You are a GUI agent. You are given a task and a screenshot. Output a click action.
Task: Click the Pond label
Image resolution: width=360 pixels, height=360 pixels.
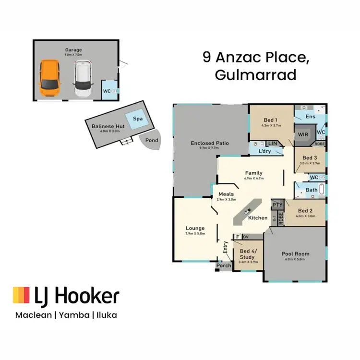(151, 141)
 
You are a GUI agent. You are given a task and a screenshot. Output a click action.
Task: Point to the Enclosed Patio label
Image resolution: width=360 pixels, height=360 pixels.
(209, 143)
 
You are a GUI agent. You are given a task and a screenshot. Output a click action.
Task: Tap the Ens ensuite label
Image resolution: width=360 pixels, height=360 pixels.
(311, 117)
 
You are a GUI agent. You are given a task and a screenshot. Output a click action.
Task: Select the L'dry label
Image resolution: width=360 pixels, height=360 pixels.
(265, 152)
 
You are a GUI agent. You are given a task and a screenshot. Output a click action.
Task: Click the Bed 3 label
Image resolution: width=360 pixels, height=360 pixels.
(310, 158)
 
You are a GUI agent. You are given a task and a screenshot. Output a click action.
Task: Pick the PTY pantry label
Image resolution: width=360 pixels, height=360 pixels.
(277, 205)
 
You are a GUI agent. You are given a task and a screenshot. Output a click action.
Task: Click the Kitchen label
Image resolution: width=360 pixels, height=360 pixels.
(258, 218)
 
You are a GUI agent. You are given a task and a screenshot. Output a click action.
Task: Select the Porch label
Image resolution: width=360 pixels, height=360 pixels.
(224, 265)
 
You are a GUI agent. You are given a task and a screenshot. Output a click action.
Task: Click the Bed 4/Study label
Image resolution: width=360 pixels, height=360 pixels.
(248, 254)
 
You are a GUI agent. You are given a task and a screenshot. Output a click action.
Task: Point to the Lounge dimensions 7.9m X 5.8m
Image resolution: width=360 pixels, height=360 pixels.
(195, 233)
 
